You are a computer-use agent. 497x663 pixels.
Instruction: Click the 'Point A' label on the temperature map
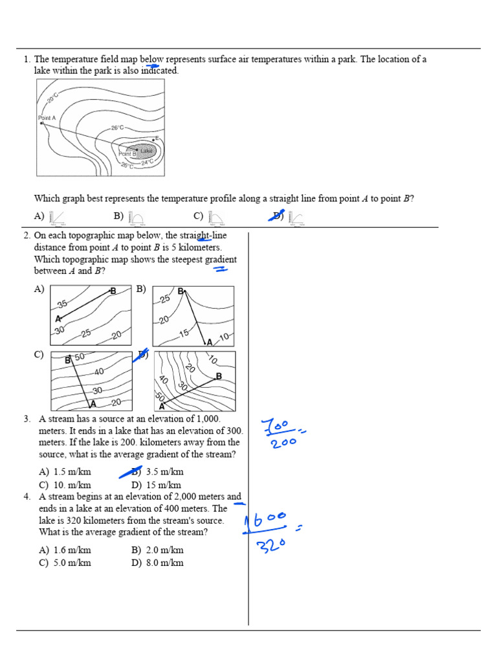(x=47, y=118)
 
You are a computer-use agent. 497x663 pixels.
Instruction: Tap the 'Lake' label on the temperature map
(x=146, y=152)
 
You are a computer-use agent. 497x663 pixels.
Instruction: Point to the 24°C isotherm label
(x=148, y=162)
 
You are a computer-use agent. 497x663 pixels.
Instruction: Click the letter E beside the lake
(x=157, y=138)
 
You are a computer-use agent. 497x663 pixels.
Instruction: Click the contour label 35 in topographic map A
(x=62, y=304)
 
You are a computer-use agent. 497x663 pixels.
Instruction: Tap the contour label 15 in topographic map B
(x=184, y=333)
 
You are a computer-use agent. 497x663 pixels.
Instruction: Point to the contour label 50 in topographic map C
(x=80, y=357)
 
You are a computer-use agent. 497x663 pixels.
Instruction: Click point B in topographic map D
(x=219, y=376)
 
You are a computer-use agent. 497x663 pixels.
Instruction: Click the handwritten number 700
(x=279, y=427)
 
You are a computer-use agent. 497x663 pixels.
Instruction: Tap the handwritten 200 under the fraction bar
(x=280, y=443)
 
